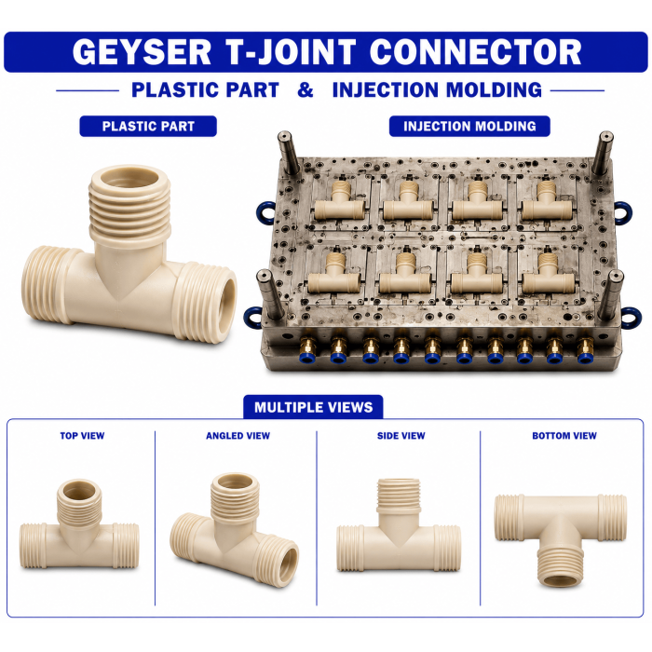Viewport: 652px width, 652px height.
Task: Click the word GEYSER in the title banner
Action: click(x=142, y=52)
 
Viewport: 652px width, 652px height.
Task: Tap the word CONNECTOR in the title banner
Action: click(x=475, y=52)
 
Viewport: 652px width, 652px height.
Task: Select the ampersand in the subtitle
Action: click(x=306, y=89)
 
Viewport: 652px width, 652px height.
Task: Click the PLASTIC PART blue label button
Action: click(x=148, y=126)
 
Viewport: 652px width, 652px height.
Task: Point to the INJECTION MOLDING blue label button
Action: click(x=469, y=126)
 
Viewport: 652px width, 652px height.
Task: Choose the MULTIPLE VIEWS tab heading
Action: click(x=313, y=407)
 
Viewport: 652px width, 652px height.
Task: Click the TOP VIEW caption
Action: click(x=82, y=436)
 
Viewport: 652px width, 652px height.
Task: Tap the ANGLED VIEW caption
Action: click(x=238, y=436)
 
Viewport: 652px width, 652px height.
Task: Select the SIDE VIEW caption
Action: click(x=401, y=436)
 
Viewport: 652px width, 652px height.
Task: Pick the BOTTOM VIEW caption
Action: click(x=564, y=436)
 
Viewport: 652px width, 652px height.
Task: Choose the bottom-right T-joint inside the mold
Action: click(x=549, y=273)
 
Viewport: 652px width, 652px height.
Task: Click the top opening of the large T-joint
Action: click(x=130, y=177)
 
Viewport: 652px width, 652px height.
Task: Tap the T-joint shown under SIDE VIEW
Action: click(x=399, y=525)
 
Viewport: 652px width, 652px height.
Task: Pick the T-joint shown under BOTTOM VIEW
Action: click(x=560, y=539)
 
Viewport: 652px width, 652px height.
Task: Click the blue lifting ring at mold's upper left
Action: click(x=265, y=213)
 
